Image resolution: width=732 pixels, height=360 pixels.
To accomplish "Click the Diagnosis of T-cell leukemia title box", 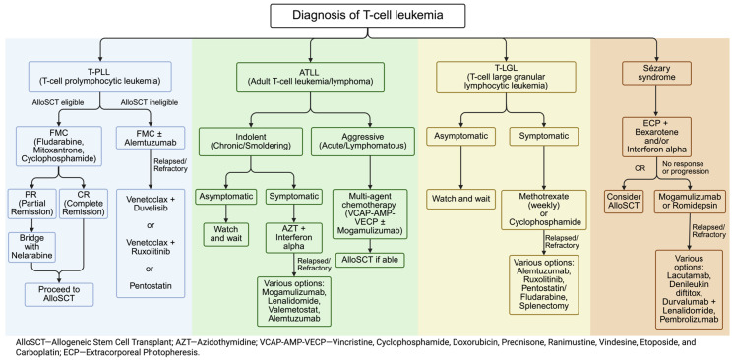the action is pyautogui.click(x=367, y=15).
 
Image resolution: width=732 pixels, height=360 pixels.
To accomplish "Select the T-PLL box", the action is pyautogui.click(x=100, y=76).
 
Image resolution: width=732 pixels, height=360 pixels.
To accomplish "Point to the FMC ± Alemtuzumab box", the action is pyautogui.click(x=151, y=140).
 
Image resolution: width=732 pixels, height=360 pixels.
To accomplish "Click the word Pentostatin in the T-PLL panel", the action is pyautogui.click(x=150, y=284).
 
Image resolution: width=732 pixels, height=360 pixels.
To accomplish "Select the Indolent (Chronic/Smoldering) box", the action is pyautogui.click(x=251, y=141).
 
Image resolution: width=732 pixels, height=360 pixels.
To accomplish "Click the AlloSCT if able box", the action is pyautogui.click(x=370, y=260).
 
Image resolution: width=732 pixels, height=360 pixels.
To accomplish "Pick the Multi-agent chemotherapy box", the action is pyautogui.click(x=370, y=213).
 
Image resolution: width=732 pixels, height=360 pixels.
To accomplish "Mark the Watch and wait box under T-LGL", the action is pyautogui.click(x=460, y=200).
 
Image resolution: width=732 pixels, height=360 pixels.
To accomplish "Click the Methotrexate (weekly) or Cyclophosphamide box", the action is pyautogui.click(x=544, y=210).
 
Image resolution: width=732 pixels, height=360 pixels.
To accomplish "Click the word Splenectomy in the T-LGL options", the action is pyautogui.click(x=543, y=306).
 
